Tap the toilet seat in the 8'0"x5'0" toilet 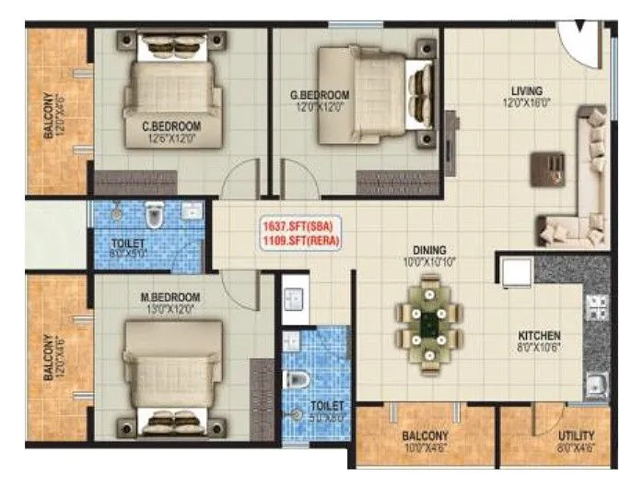[x=154, y=218]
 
